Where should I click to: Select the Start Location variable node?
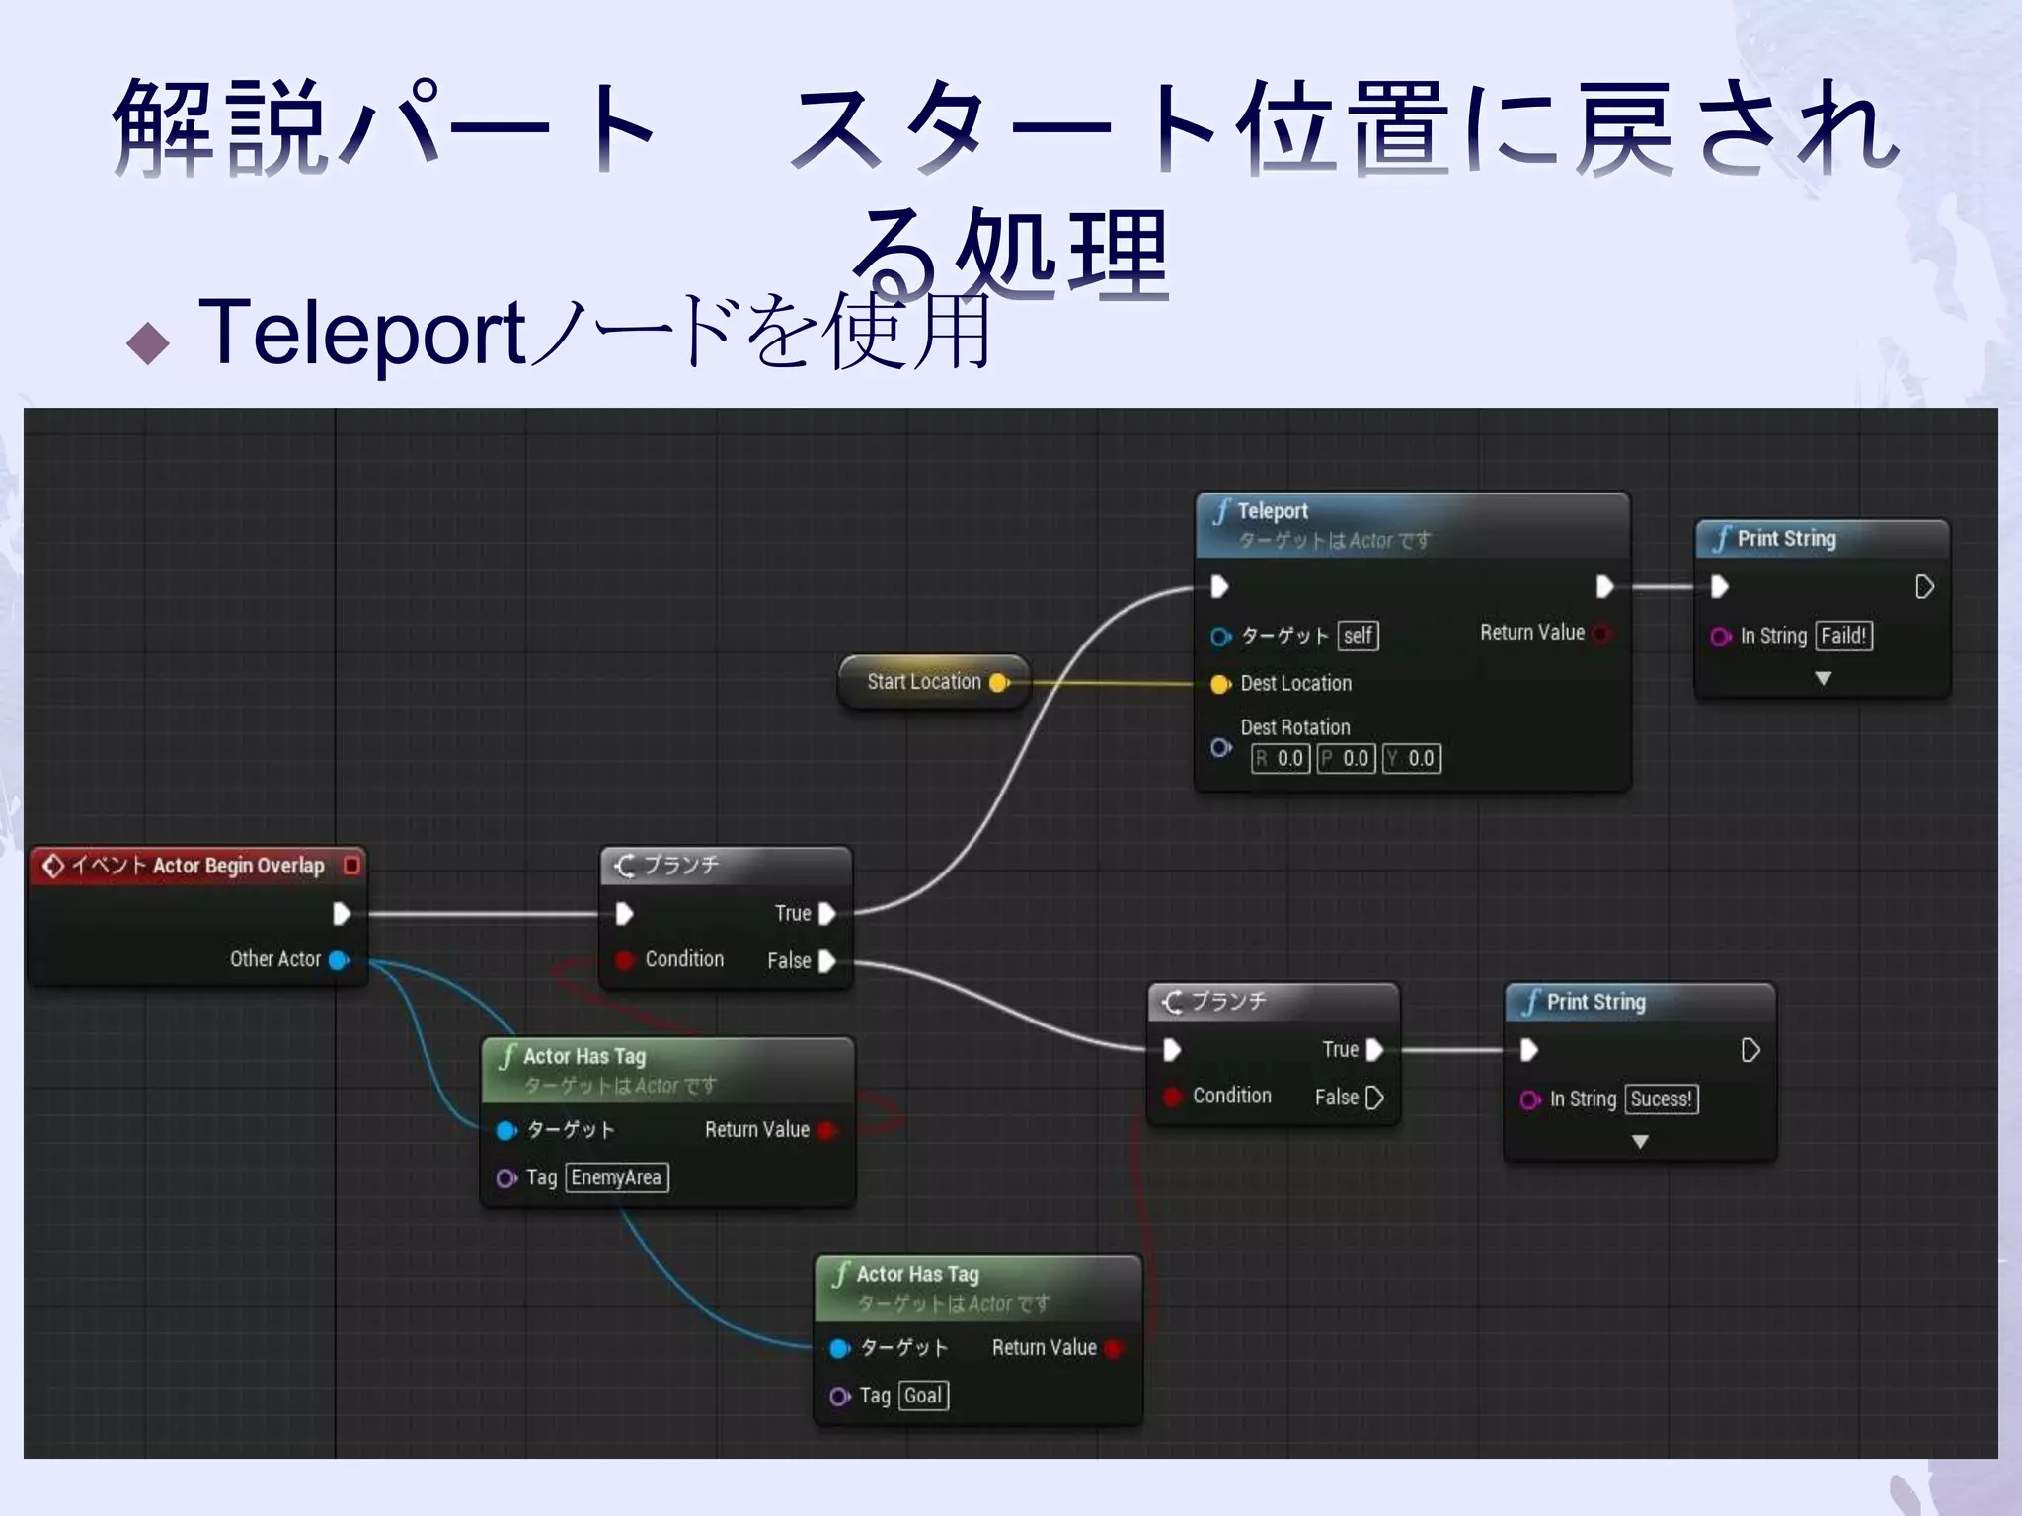click(x=924, y=682)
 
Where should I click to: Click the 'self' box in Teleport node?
click(x=1358, y=636)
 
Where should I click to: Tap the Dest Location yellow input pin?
click(x=1220, y=684)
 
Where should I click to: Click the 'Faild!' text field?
click(x=1843, y=636)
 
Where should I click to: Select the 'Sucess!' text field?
click(x=1661, y=1099)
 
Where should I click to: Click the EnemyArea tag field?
click(x=616, y=1177)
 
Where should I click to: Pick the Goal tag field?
click(x=923, y=1396)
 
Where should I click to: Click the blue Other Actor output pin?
click(x=339, y=960)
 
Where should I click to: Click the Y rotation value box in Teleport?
click(x=1412, y=759)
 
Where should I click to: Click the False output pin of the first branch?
click(x=827, y=961)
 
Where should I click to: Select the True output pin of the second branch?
click(x=1373, y=1050)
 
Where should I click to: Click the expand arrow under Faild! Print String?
click(x=1823, y=679)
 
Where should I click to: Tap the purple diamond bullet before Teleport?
click(x=148, y=343)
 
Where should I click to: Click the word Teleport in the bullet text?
click(x=361, y=334)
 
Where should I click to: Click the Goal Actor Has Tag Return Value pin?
click(x=1113, y=1349)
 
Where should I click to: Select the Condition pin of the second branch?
click(x=1173, y=1097)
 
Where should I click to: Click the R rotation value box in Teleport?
click(x=1281, y=759)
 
